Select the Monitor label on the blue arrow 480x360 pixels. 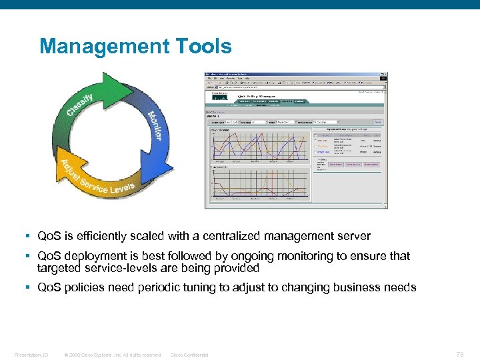155,125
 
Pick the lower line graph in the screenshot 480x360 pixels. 260,183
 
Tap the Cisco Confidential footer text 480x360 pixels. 189,355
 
